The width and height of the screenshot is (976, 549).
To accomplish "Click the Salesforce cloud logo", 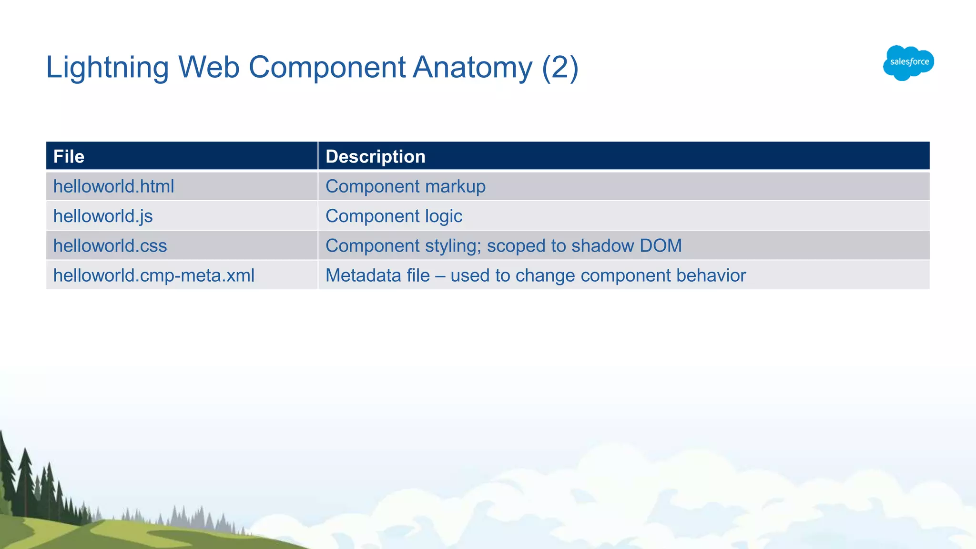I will tap(908, 62).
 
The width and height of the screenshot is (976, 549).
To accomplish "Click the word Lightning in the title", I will tap(107, 67).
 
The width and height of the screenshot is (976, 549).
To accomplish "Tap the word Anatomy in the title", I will tap(472, 67).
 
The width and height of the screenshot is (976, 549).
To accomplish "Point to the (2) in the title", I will tap(560, 67).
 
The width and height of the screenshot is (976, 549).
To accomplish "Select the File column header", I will tap(69, 156).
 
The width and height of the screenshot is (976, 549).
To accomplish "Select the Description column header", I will tap(375, 156).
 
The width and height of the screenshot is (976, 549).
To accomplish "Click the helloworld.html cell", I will tap(113, 186).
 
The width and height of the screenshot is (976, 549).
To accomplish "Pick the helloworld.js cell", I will tap(103, 216).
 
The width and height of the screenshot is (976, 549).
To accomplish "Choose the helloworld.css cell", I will tap(110, 246).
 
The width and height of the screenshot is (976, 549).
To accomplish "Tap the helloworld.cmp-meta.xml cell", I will tap(154, 275).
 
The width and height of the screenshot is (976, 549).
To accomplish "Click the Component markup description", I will tap(405, 186).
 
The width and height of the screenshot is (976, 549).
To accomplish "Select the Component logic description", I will tap(394, 216).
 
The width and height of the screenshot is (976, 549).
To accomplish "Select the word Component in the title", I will tap(327, 67).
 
